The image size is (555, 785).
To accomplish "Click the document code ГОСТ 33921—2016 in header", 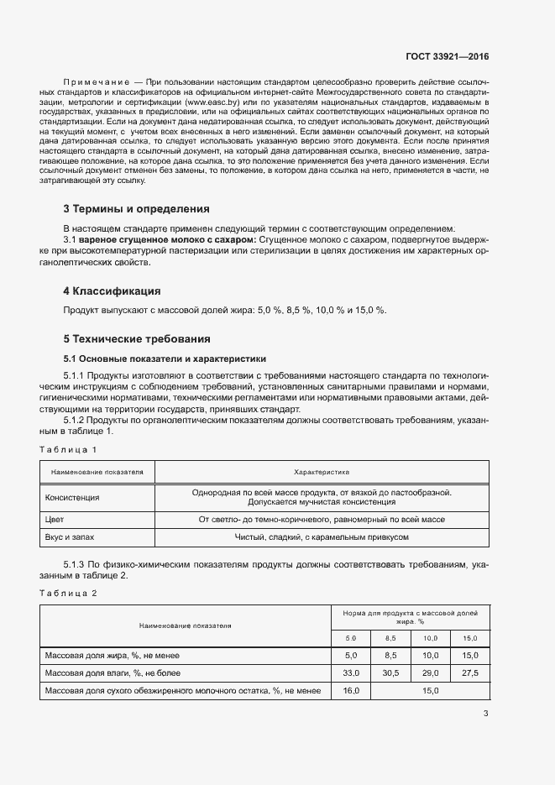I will [x=448, y=57].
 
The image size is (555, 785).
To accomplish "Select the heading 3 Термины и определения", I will [x=136, y=209].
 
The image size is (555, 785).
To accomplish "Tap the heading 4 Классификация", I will [x=112, y=291].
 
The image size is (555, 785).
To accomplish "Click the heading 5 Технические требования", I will [x=137, y=339].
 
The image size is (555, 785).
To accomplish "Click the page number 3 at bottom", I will [x=485, y=714].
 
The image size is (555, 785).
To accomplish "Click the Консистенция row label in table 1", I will [x=72, y=497].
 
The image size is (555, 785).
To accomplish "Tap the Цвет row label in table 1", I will [x=55, y=520].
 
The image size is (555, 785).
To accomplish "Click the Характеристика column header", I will [x=322, y=472].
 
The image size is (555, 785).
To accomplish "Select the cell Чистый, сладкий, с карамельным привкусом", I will [x=322, y=537].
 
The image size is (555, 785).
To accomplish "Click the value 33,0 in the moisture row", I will [x=351, y=673].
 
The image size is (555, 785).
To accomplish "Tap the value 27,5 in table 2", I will [x=470, y=673].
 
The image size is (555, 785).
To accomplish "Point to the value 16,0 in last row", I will [x=351, y=691].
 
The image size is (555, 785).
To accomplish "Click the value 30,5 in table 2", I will [x=390, y=673].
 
